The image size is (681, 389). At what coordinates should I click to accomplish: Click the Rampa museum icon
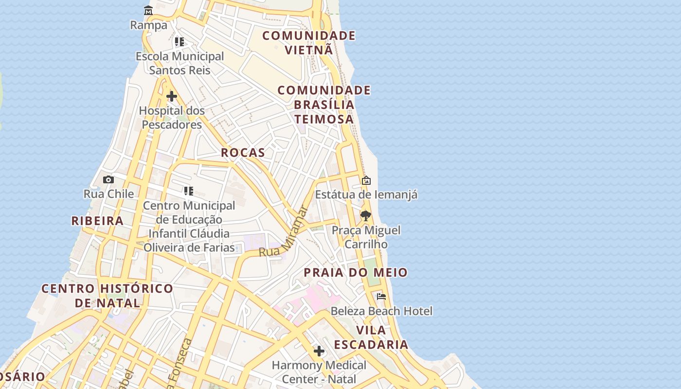pyautogui.click(x=148, y=10)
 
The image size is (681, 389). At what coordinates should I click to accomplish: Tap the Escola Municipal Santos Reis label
pyautogui.click(x=180, y=63)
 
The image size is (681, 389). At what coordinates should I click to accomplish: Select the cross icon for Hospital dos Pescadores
pyautogui.click(x=172, y=96)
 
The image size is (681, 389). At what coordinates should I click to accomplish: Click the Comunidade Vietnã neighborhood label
pyautogui.click(x=309, y=43)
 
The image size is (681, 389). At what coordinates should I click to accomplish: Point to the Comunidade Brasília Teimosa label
pyautogui.click(x=324, y=105)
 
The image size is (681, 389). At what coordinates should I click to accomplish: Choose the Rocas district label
pyautogui.click(x=243, y=153)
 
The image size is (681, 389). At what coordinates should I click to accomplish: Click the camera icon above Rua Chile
pyautogui.click(x=108, y=179)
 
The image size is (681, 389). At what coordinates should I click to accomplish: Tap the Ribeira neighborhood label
pyautogui.click(x=97, y=221)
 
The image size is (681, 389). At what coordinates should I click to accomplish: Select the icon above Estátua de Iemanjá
pyautogui.click(x=366, y=180)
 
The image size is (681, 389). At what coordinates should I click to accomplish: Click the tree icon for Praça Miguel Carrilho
pyautogui.click(x=365, y=215)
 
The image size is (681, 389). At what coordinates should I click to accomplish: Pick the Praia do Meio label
pyautogui.click(x=356, y=273)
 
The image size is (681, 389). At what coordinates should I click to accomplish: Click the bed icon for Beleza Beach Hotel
pyautogui.click(x=381, y=296)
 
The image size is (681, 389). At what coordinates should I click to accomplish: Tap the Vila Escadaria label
pyautogui.click(x=371, y=337)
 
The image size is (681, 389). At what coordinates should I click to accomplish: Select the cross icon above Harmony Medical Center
pyautogui.click(x=319, y=351)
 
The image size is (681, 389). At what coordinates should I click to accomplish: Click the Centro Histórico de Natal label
pyautogui.click(x=107, y=296)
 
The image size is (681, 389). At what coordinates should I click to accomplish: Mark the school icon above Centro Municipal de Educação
pyautogui.click(x=189, y=191)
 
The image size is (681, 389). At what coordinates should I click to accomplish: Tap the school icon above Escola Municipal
pyautogui.click(x=179, y=42)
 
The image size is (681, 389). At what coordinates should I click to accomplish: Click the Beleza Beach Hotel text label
pyautogui.click(x=381, y=311)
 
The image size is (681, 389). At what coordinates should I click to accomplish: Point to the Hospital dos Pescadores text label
pyautogui.click(x=172, y=118)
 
